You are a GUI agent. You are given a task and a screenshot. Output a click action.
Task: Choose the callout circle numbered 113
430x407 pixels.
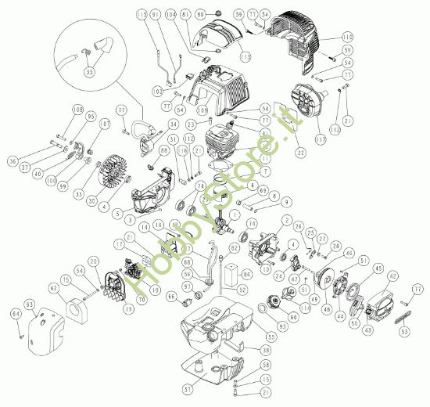[x=335, y=130]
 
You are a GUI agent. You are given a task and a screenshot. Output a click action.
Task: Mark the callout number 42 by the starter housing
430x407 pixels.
[x=394, y=276]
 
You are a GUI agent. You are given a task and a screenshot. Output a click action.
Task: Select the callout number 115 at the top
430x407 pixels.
[x=142, y=15]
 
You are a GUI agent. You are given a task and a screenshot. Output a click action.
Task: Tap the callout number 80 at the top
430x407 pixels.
[x=199, y=15]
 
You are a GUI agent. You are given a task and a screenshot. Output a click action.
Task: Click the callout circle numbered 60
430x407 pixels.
[x=293, y=318]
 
